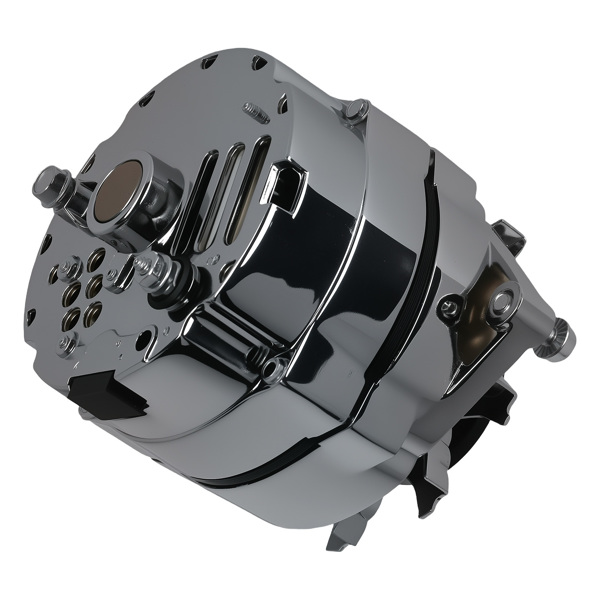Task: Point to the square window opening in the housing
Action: click(x=286, y=187)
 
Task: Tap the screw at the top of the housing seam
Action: click(x=352, y=113)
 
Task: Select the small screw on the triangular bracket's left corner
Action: click(x=449, y=309)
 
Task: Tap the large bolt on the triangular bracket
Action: click(x=500, y=300)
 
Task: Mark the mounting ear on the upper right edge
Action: click(x=507, y=237)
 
